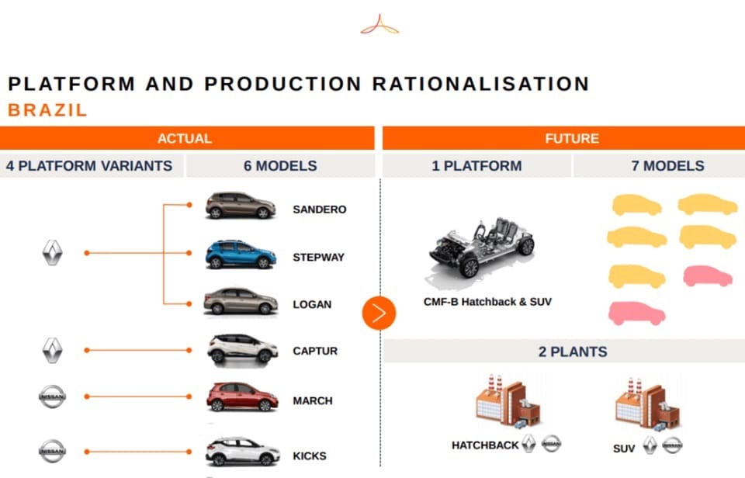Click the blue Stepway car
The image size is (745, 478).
point(241,255)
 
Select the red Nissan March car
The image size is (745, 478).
point(242,397)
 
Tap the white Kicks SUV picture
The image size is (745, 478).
point(242,452)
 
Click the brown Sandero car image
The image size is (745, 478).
point(241,206)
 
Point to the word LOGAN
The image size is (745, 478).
point(312,305)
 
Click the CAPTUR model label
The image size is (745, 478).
point(315,352)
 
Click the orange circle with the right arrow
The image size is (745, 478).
point(379,313)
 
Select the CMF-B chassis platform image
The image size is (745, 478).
point(481,248)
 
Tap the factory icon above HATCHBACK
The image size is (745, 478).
point(508,400)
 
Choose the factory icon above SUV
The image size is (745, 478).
point(647,404)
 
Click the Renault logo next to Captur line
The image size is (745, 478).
point(53,351)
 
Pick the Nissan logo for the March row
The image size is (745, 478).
point(52,397)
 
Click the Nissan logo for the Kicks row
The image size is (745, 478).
point(52,451)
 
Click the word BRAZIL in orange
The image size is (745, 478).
point(47,110)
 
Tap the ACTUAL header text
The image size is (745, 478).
point(185,139)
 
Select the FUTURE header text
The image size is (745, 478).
point(572,139)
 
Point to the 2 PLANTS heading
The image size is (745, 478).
point(573,352)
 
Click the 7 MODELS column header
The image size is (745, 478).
point(667,166)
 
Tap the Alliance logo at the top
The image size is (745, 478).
point(379,25)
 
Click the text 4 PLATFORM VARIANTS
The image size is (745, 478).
point(89,166)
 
